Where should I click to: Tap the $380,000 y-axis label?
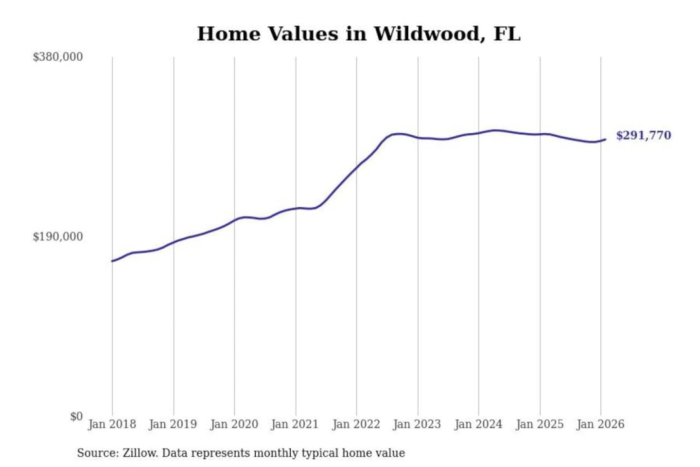coord(58,57)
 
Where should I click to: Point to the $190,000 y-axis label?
coord(58,237)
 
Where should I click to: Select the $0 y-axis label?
coord(76,416)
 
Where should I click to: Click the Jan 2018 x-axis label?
coord(112,424)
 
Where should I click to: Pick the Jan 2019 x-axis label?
coord(173,424)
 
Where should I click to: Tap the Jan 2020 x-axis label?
coord(234,424)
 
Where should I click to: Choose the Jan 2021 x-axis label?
coord(295,424)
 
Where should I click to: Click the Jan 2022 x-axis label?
coord(356,424)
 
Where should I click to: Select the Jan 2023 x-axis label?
coord(417,424)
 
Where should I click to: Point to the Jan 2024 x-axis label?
coord(478,424)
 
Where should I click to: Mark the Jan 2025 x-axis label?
coord(540,424)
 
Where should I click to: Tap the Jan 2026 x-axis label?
coord(600,424)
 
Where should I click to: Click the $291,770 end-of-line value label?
coord(644,135)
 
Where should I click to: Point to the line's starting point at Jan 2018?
coord(112,261)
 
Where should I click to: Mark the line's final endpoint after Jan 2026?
coord(605,140)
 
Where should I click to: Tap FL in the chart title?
coord(507,34)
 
